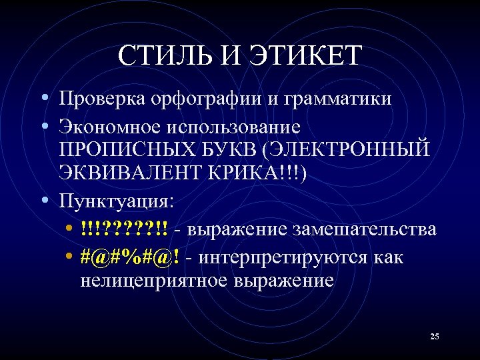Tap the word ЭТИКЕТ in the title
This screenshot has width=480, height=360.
[x=305, y=55]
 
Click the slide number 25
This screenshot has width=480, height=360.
[x=434, y=337]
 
